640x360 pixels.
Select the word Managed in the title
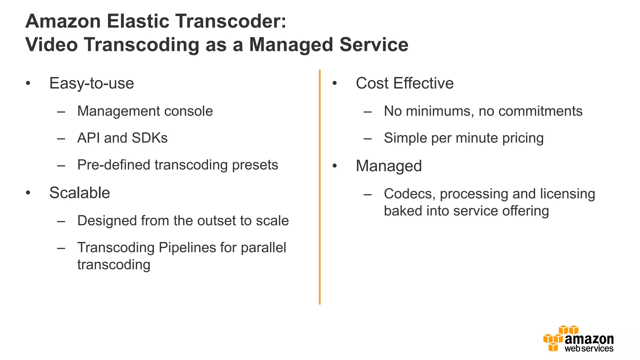coord(291,44)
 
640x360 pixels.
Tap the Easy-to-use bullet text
coord(92,83)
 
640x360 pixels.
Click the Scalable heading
coord(80,192)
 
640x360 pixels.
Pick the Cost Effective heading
coord(404,83)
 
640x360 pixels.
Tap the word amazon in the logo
coord(589,339)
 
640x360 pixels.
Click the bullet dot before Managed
coord(335,166)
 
